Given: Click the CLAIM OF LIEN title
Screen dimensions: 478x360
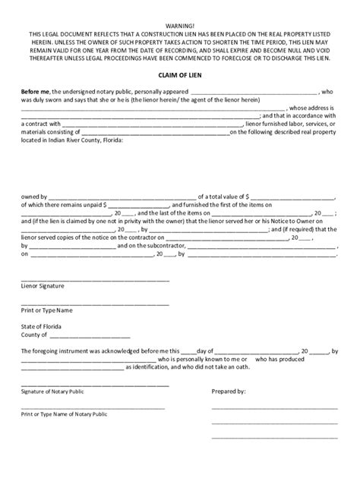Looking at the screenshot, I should [180, 76].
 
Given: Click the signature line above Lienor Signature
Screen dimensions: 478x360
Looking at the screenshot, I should [95, 278].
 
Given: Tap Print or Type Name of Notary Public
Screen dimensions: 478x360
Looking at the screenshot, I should [64, 414].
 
